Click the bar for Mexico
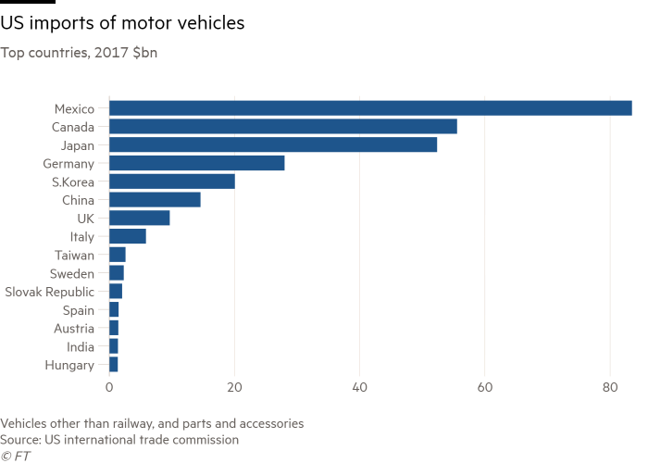coord(370,108)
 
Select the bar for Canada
coord(283,127)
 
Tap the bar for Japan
coord(273,145)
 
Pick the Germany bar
coord(197,163)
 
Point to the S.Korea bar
coord(172,181)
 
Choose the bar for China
coord(155,200)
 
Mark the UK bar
coord(140,219)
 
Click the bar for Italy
coord(128,237)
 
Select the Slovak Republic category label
coord(50,292)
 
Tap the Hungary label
coord(70,365)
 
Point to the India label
coord(81,346)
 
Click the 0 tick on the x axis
coord(109,386)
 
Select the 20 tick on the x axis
coord(234,386)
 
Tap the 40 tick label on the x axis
coord(360,386)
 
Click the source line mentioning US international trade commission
coord(119,440)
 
